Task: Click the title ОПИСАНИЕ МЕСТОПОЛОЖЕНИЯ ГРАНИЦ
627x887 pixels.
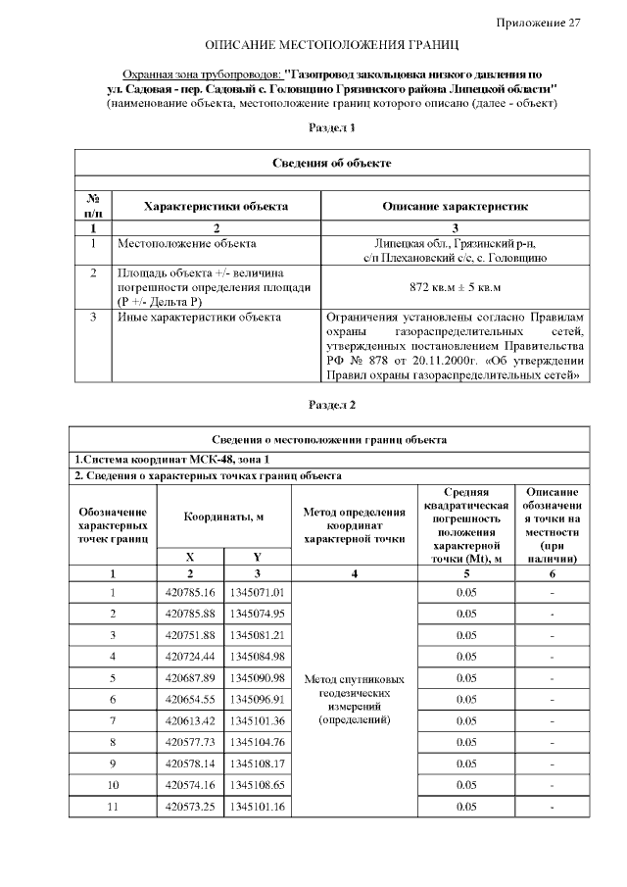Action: coord(331,46)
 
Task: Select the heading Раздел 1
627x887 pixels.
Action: coord(332,127)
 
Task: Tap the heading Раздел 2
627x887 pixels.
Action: coord(332,404)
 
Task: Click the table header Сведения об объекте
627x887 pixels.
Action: coord(332,162)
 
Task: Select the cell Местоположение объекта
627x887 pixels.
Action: coord(187,242)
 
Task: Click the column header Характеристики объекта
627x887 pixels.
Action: coord(216,207)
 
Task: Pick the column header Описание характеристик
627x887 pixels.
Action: coord(456,207)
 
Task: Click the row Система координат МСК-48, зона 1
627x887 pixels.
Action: coord(172,458)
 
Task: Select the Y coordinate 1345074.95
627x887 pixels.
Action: coord(257,614)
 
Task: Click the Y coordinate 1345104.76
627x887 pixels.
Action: coord(257,742)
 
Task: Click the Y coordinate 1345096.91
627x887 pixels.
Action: coord(257,700)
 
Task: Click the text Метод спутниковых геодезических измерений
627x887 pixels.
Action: coord(355,699)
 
